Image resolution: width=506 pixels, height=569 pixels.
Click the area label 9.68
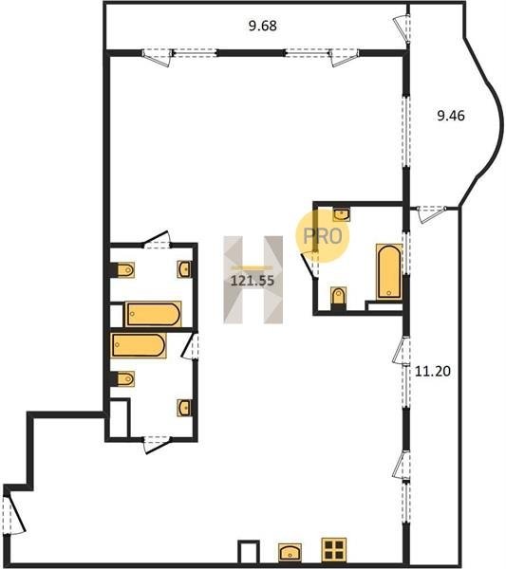[263, 27]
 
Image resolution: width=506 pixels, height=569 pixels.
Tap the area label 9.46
[451, 116]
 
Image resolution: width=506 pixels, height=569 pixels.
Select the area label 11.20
[433, 371]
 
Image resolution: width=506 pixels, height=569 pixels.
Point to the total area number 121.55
[253, 281]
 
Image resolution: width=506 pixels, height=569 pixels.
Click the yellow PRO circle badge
[322, 236]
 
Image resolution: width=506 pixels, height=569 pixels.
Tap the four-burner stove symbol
[334, 550]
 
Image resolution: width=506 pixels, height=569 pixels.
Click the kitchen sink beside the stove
[290, 553]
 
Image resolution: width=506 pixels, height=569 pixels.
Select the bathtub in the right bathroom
[389, 271]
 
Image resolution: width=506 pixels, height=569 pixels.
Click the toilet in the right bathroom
[339, 296]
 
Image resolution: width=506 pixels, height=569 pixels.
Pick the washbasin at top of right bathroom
[342, 214]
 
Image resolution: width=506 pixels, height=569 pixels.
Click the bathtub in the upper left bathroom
[153, 314]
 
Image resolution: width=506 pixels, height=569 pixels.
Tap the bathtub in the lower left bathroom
[139, 345]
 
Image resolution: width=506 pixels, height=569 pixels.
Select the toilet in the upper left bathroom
[125, 270]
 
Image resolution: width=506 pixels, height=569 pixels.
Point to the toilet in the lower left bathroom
[125, 378]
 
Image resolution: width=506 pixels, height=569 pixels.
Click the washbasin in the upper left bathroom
[184, 269]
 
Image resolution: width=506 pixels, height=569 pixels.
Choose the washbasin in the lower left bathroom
[184, 408]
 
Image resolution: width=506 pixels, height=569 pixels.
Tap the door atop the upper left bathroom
[157, 240]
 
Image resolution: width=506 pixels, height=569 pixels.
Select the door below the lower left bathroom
[157, 445]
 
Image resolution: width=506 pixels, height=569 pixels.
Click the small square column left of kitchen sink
[249, 552]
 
